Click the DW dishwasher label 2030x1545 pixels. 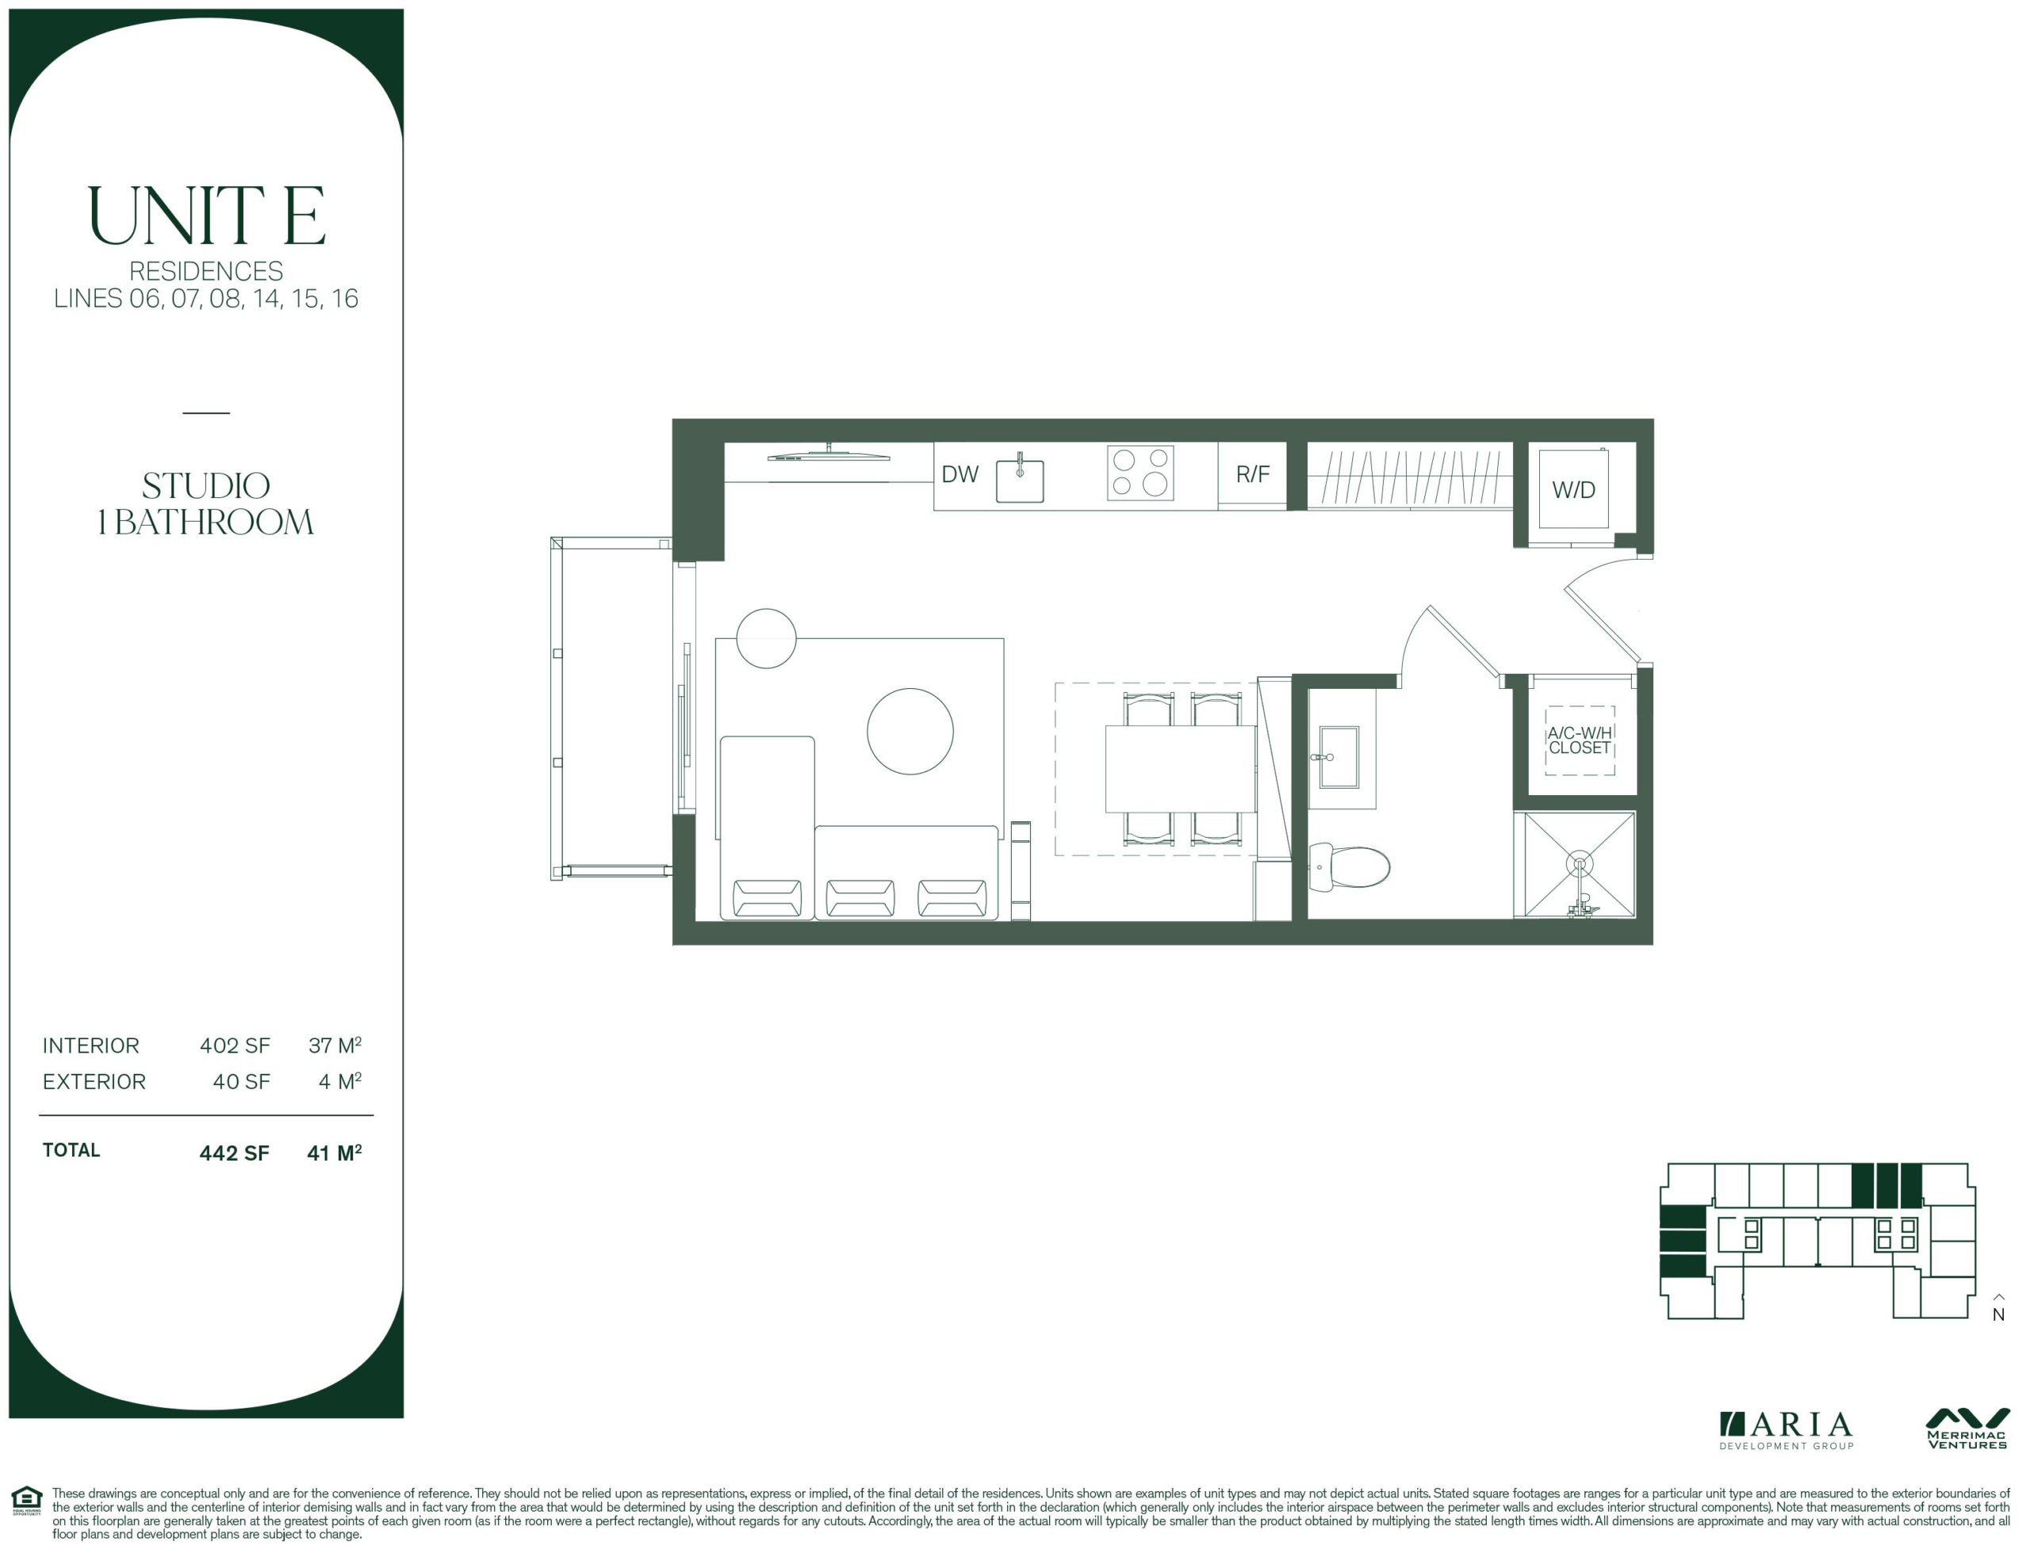point(959,475)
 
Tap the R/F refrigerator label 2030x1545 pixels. point(1252,475)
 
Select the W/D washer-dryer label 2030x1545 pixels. point(1574,490)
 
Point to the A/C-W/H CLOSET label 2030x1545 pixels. point(1580,740)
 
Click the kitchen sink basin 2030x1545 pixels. point(1020,481)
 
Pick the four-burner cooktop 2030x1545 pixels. point(1140,472)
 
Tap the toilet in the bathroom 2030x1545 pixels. point(1348,866)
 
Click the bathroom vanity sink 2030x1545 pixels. point(1339,757)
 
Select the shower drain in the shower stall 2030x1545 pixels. point(1580,865)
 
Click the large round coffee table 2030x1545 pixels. point(910,731)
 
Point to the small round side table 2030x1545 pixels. point(766,638)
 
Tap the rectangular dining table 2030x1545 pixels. point(1180,769)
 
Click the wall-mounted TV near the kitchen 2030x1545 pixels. point(829,454)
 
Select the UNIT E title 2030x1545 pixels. point(206,215)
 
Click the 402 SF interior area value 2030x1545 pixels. point(235,1046)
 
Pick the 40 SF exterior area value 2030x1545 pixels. point(241,1081)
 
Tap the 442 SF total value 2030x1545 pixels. point(234,1153)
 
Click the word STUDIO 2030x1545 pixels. point(206,486)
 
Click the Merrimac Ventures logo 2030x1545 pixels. point(1967,1429)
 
